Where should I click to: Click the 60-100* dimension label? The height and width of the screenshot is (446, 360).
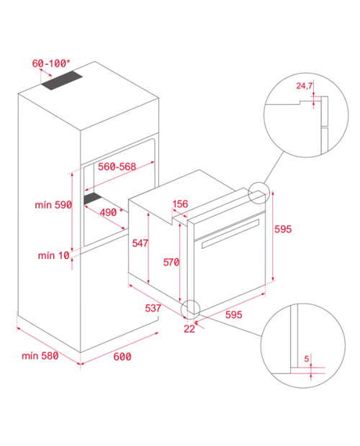(51, 63)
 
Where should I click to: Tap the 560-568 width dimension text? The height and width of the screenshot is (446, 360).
(117, 166)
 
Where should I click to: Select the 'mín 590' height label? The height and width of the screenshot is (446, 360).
(53, 205)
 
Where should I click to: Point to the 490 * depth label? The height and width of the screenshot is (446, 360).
(111, 212)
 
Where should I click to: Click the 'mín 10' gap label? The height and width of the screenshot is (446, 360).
(54, 255)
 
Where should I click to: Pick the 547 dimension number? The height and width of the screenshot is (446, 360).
(140, 243)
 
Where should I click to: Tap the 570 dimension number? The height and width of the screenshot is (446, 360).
(171, 262)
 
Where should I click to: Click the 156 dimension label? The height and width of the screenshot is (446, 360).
(180, 204)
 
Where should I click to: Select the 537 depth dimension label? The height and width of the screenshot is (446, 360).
(153, 308)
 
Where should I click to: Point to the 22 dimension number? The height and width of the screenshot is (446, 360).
(189, 329)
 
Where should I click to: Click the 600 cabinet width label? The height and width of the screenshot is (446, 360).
(122, 356)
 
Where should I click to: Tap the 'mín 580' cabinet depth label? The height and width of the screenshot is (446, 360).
(40, 355)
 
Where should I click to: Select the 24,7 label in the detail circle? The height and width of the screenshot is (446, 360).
(305, 86)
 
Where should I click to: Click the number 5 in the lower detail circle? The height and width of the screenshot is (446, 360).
(307, 359)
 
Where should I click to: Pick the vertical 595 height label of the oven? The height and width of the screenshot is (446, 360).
(283, 229)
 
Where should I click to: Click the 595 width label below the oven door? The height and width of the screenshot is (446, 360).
(234, 314)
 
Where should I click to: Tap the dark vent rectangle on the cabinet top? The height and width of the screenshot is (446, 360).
(62, 81)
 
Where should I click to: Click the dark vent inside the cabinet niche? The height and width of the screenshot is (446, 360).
(93, 199)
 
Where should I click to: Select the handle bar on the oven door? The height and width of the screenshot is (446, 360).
(230, 234)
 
